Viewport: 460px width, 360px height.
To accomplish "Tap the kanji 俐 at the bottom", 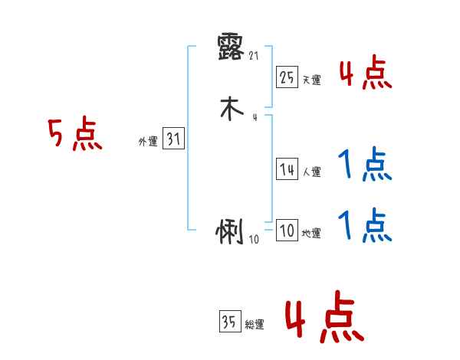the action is [x=230, y=233].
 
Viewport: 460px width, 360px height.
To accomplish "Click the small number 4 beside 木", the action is [x=254, y=117].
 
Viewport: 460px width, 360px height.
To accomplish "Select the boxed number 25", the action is [x=287, y=77].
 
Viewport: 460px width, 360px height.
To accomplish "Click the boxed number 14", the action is [x=287, y=170].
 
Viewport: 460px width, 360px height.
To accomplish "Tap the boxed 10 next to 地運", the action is [x=287, y=231].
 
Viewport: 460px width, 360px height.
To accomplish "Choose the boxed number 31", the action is [x=174, y=139].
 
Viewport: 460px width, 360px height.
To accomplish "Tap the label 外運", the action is [x=147, y=142].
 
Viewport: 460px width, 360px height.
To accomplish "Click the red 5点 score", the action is [x=74, y=136].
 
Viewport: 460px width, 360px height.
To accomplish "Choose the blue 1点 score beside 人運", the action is [x=365, y=164].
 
